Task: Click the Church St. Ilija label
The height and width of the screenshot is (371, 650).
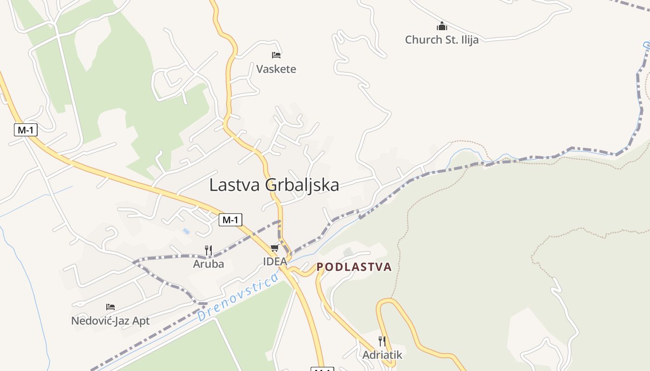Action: [x=441, y=40]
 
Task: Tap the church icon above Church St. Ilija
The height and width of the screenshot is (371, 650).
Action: [x=442, y=26]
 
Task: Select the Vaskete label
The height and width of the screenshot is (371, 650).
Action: [x=276, y=69]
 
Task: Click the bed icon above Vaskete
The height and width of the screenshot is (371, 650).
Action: [x=276, y=55]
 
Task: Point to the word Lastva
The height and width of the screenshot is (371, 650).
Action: [x=235, y=185]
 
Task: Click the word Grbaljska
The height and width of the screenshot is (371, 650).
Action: [x=302, y=185]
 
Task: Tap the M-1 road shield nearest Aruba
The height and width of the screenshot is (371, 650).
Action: [x=230, y=220]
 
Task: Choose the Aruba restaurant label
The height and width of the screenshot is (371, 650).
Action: [x=208, y=264]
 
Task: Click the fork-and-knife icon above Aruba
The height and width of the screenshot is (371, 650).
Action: [x=208, y=250]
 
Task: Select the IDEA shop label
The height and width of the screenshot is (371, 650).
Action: [x=275, y=262]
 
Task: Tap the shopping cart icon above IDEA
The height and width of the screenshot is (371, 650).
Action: [x=275, y=248]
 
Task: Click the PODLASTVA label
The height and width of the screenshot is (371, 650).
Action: [x=354, y=267]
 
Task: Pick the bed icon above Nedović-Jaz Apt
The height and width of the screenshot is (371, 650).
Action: [x=110, y=307]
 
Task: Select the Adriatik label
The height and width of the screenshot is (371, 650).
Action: [x=382, y=355]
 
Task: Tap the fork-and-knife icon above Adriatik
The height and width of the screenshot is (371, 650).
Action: [x=382, y=341]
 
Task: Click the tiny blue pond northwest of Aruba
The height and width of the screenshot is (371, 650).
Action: [x=186, y=231]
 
